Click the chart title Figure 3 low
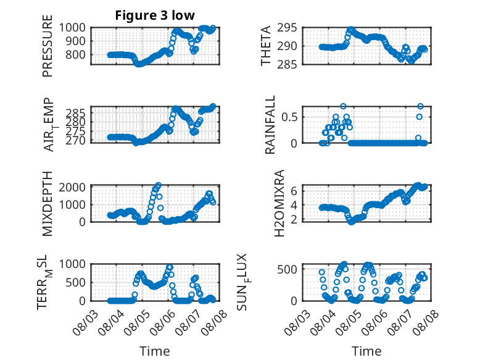point(155,15)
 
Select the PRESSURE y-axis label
point(48,46)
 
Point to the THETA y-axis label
point(266,46)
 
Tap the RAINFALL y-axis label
point(270,125)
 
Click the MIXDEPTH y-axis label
point(48,204)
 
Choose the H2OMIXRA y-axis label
point(279,203)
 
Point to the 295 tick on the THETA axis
point(287,28)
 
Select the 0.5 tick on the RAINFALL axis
point(289,117)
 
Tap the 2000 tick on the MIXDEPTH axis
point(72,187)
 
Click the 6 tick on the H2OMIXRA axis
point(294,191)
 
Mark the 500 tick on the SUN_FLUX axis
point(287,270)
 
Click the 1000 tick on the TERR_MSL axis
point(72,264)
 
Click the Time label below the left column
point(155,351)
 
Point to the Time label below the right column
point(366,351)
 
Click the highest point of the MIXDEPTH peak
point(158,185)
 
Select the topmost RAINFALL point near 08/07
point(420,106)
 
